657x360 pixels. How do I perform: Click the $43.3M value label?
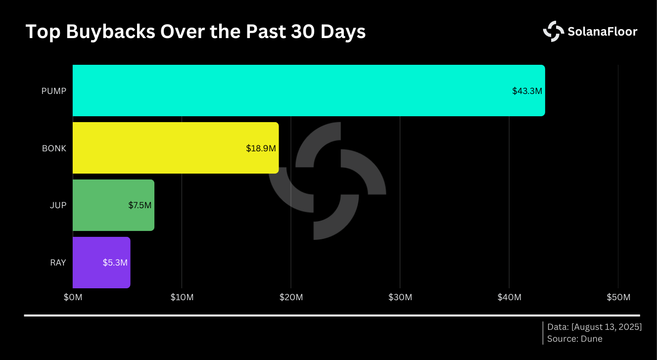pyautogui.click(x=527, y=91)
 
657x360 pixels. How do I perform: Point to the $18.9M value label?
pyautogui.click(x=261, y=148)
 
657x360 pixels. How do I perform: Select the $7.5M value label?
pyautogui.click(x=140, y=205)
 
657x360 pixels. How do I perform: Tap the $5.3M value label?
pyautogui.click(x=115, y=263)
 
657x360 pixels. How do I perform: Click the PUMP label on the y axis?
pyautogui.click(x=54, y=91)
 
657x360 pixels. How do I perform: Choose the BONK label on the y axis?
pyautogui.click(x=54, y=148)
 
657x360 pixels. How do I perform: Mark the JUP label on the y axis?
pyautogui.click(x=58, y=205)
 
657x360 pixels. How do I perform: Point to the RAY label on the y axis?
pyautogui.click(x=58, y=263)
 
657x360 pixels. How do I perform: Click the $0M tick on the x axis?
pyautogui.click(x=73, y=297)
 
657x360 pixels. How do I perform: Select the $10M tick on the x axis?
pyautogui.click(x=182, y=297)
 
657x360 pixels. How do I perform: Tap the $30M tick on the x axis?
pyautogui.click(x=400, y=297)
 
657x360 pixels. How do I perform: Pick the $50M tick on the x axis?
pyautogui.click(x=618, y=297)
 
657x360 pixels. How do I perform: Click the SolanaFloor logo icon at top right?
pyautogui.click(x=553, y=31)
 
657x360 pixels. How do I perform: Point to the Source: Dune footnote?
pyautogui.click(x=574, y=339)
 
